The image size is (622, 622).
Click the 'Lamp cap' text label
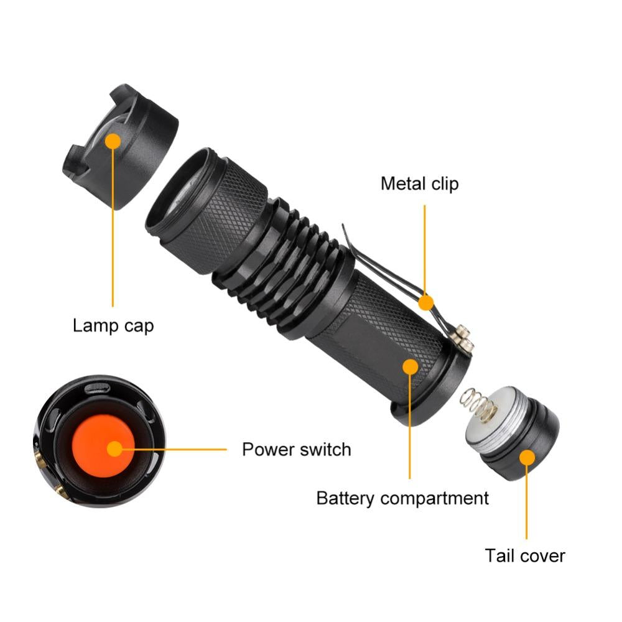point(113,325)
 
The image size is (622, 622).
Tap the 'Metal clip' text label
point(419,183)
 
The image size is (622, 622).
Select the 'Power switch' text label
point(296,449)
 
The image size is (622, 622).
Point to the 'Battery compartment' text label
point(402,498)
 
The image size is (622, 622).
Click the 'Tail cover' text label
point(525,555)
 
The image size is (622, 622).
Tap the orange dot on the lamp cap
point(113,141)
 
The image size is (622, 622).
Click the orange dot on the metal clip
point(425,302)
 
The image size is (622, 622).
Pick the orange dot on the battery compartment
point(410,366)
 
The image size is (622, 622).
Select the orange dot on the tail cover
point(527,458)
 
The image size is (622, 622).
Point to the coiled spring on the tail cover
point(478,407)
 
